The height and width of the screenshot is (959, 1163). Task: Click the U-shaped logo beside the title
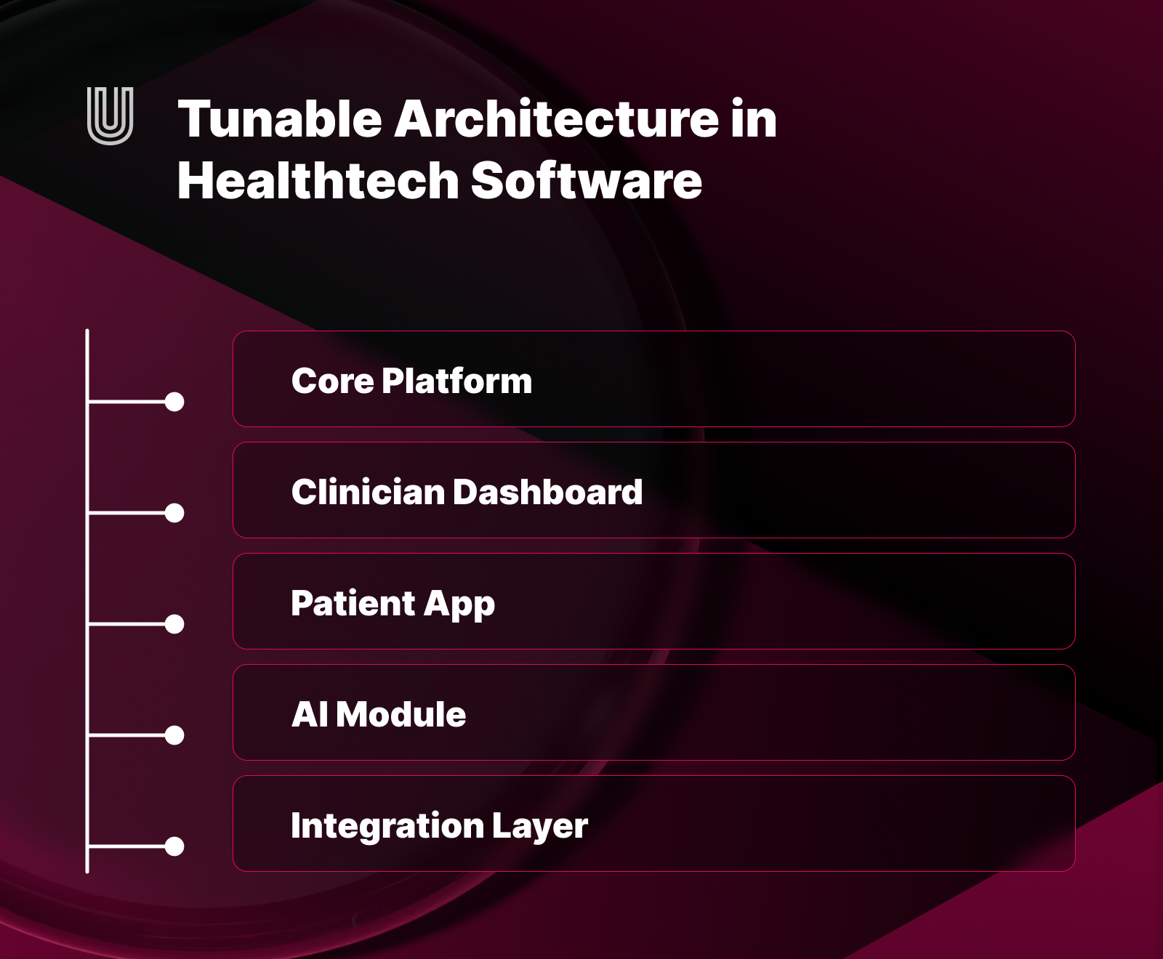click(x=110, y=116)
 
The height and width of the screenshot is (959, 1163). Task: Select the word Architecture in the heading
click(x=557, y=119)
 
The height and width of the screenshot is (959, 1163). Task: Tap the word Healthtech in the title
click(x=318, y=181)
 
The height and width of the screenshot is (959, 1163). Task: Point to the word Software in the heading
click(x=586, y=181)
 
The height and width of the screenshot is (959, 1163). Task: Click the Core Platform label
click(x=411, y=381)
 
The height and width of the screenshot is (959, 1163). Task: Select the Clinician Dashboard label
click(x=467, y=492)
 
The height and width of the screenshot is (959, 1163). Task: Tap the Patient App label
click(x=393, y=604)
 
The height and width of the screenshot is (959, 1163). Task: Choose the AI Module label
click(x=379, y=714)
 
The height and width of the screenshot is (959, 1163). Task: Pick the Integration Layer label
click(x=439, y=826)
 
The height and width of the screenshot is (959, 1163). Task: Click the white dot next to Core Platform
click(x=174, y=402)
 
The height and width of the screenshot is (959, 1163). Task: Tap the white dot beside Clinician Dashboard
click(x=174, y=513)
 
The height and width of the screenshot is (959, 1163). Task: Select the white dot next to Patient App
click(x=174, y=624)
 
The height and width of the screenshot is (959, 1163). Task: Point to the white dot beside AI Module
click(x=174, y=735)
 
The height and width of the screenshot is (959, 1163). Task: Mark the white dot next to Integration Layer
click(x=174, y=846)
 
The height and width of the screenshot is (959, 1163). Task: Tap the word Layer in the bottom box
click(x=539, y=826)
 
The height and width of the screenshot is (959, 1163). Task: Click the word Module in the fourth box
click(x=401, y=714)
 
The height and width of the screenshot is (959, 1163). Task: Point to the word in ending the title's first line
click(x=754, y=119)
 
